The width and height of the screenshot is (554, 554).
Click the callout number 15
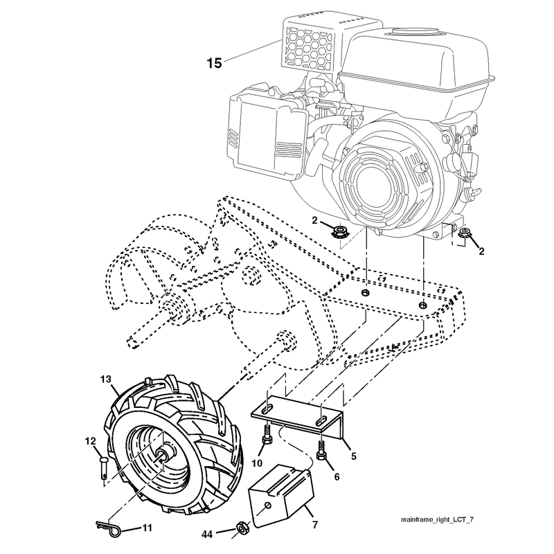(x=214, y=63)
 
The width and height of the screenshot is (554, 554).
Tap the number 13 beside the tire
(x=105, y=379)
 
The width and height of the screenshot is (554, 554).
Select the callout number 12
(x=90, y=440)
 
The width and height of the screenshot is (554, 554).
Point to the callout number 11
(x=147, y=528)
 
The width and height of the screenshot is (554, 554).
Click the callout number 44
(x=207, y=535)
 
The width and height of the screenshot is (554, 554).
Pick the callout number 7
(x=315, y=525)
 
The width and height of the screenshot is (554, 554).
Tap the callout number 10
(x=257, y=463)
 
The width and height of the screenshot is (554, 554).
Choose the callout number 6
(x=337, y=477)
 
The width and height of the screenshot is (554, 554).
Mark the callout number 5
(x=354, y=456)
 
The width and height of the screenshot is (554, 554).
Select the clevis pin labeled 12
(x=103, y=468)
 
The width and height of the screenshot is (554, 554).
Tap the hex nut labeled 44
(x=242, y=528)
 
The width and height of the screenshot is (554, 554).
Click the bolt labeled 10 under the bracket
(x=267, y=435)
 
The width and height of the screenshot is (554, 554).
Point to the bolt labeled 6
(x=321, y=451)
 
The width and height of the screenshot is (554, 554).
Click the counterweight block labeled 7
(x=282, y=494)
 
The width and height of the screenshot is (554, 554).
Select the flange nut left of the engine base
(x=339, y=232)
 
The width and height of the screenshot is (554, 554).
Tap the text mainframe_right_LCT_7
(x=437, y=519)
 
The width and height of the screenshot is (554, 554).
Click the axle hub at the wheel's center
(x=164, y=454)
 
